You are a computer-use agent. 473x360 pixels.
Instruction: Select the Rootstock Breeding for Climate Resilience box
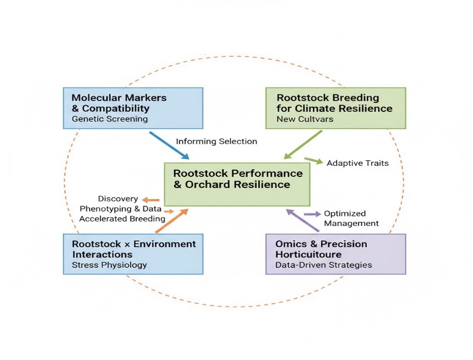tap(336, 107)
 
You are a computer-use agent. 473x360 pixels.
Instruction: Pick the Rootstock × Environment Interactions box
tap(134, 254)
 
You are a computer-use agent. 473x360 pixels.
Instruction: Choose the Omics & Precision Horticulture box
tap(336, 254)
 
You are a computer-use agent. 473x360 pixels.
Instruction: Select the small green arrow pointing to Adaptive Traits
tap(314, 161)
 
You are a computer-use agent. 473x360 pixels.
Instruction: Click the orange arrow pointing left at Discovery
tap(150, 200)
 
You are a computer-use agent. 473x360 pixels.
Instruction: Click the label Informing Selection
tap(216, 141)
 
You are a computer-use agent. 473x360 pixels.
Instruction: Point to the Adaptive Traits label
tap(357, 164)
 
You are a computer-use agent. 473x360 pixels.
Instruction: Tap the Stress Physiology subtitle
tap(109, 265)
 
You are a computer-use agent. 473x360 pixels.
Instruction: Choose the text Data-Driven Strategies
tap(324, 265)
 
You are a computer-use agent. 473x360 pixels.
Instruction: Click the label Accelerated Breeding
tap(122, 219)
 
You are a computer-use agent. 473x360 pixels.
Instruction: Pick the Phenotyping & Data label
tap(121, 209)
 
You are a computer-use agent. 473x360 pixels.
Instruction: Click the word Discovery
tap(118, 199)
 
